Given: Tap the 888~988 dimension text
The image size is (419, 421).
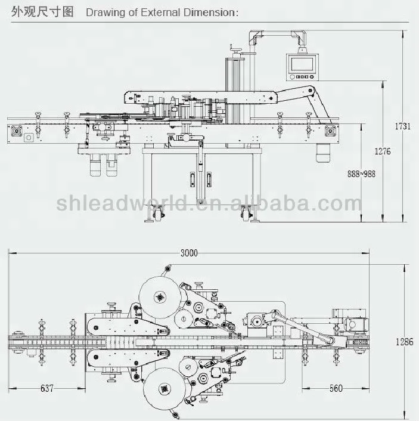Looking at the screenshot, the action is (361, 174).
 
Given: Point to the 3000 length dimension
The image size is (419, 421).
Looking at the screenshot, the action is (188, 253).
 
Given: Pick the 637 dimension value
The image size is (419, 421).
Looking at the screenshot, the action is (48, 389).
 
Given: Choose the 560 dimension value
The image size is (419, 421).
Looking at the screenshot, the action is (336, 389).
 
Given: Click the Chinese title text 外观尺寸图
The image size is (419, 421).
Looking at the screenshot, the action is (38, 11).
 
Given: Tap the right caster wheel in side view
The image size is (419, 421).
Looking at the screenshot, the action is (247, 211).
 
